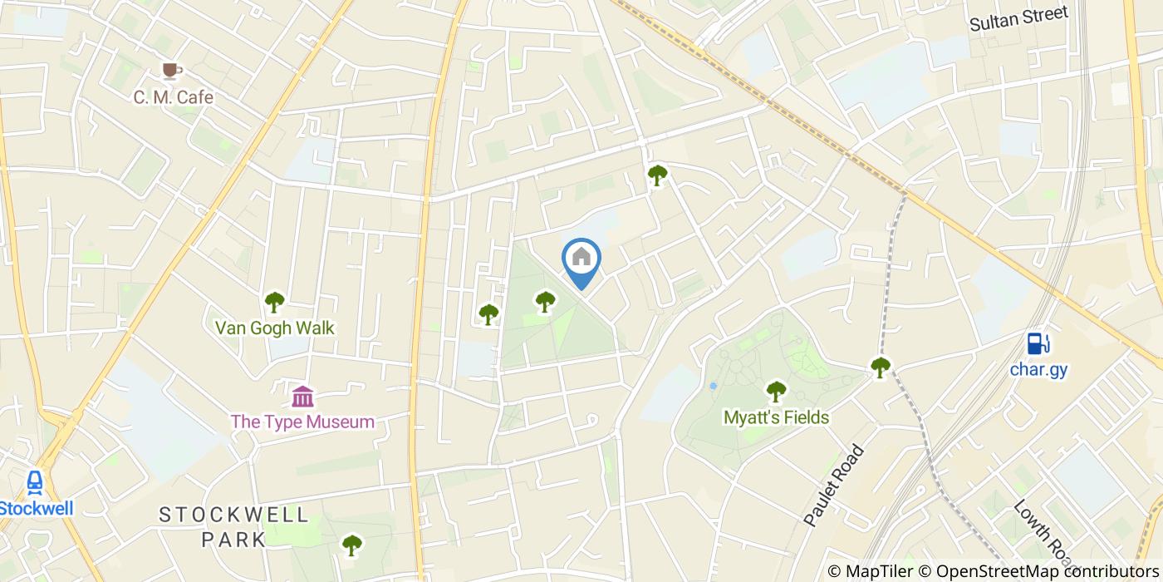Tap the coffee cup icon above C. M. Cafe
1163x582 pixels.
click(172, 70)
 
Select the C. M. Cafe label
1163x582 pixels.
click(174, 97)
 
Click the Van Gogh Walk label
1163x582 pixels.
click(275, 328)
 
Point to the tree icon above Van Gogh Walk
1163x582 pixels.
click(275, 302)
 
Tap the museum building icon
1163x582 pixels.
click(303, 396)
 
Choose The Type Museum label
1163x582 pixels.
click(302, 422)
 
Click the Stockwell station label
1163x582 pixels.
click(37, 509)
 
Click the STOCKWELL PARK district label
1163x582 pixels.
click(234, 526)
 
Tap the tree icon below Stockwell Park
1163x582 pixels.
click(352, 545)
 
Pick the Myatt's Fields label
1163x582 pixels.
click(776, 417)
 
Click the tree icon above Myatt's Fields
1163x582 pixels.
click(776, 390)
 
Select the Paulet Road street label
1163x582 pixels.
click(834, 486)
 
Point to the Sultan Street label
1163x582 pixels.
click(1018, 17)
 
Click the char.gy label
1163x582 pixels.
click(1038, 368)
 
